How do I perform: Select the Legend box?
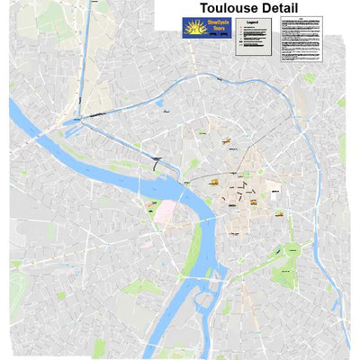[254, 38]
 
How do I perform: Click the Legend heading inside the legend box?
[254, 22]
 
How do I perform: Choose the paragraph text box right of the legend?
[300, 41]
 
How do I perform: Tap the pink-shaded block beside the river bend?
[166, 211]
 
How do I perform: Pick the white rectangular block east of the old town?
[274, 192]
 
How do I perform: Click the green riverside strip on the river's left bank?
[193, 256]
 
